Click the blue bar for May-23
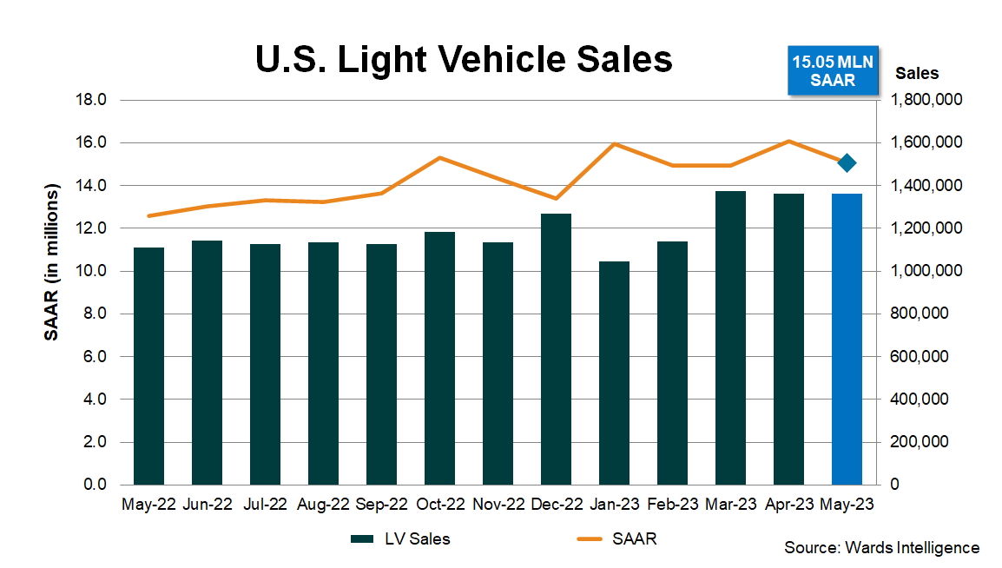point(847,339)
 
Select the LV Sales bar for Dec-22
point(556,348)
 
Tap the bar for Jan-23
point(614,373)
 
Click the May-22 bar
point(148,366)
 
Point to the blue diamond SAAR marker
point(847,162)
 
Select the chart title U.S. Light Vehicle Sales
point(464,60)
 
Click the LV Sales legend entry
point(400,539)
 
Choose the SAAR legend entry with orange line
point(616,539)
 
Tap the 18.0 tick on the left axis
point(90,100)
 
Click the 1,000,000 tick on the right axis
point(926,271)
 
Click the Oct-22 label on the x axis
point(440,504)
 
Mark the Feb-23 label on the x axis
point(672,504)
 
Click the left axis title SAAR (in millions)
point(52,262)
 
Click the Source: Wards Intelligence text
point(881,548)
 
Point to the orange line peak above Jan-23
point(615,143)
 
